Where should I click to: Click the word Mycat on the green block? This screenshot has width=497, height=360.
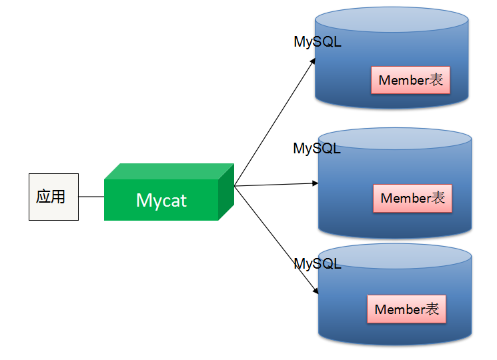click(x=161, y=200)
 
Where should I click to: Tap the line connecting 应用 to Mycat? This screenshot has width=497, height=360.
click(x=91, y=197)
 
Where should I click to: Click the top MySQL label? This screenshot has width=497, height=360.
click(x=318, y=41)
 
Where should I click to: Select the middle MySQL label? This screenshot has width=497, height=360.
click(x=317, y=148)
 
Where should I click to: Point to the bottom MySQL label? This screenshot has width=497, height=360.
click(x=318, y=263)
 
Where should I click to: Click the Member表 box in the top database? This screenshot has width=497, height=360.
click(x=410, y=80)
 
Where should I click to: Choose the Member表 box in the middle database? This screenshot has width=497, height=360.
click(x=412, y=198)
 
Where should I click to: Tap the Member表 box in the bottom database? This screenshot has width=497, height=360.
click(x=406, y=309)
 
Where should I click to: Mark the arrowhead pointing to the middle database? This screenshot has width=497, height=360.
click(x=314, y=183)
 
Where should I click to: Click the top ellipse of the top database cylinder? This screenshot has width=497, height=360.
click(x=391, y=19)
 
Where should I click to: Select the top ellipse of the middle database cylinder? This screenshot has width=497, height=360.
click(x=395, y=139)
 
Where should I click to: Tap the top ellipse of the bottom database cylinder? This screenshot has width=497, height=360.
click(x=395, y=256)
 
